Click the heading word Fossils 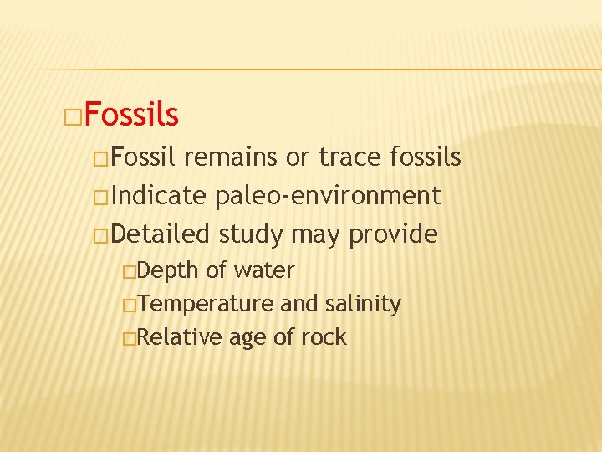[131, 115]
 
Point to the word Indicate [158, 196]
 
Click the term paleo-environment [328, 196]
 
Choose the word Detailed [162, 234]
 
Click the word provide [393, 235]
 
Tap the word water [264, 270]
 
